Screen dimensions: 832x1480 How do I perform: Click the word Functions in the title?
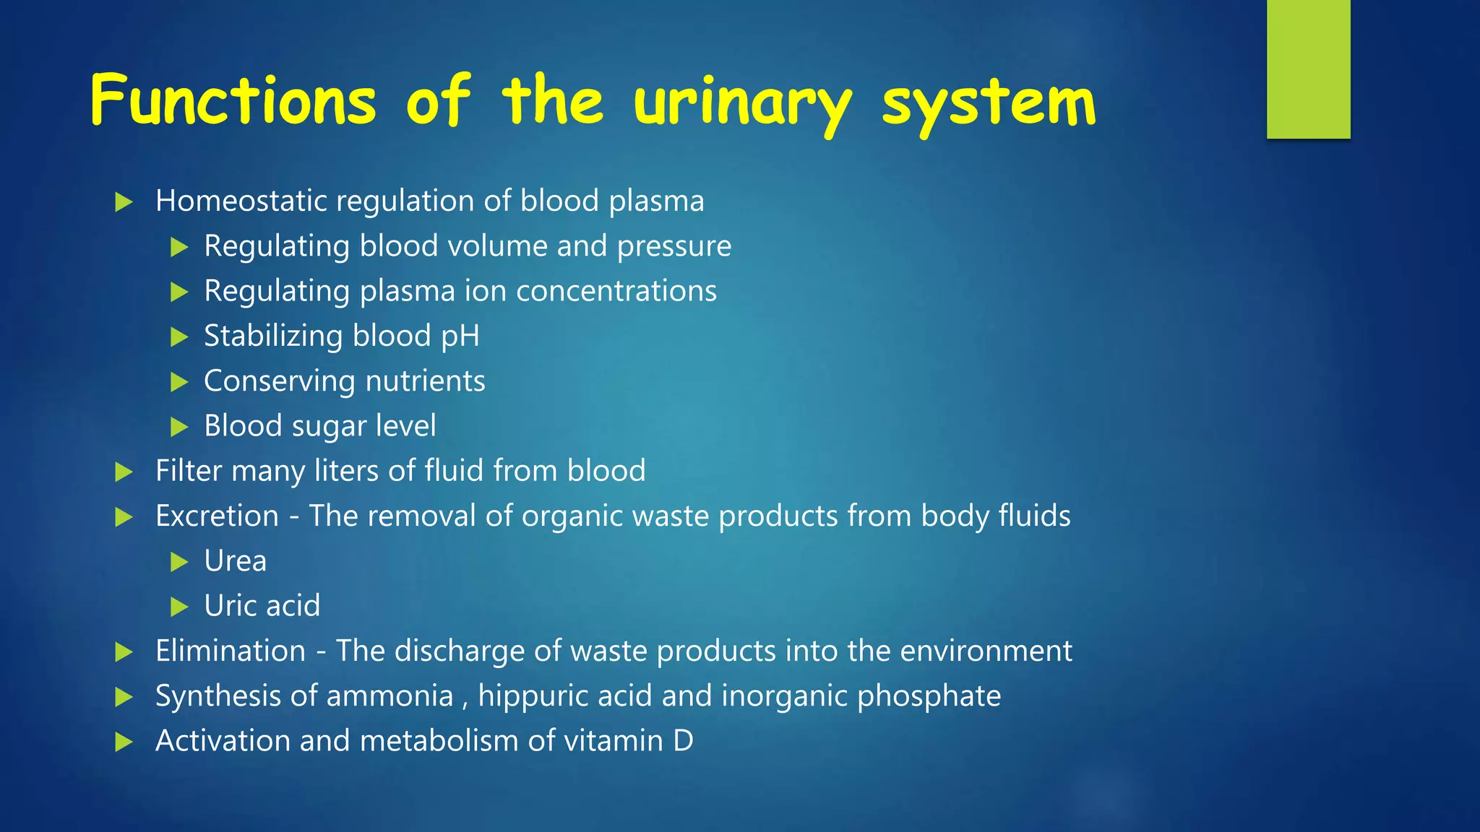point(233,101)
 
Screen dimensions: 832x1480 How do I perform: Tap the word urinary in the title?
point(743,105)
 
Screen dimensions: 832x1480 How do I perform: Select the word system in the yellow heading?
point(989,105)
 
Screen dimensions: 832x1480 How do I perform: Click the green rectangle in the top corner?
point(1308,69)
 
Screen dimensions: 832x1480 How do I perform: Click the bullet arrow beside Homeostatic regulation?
point(124,202)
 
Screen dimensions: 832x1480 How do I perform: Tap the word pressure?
point(674,247)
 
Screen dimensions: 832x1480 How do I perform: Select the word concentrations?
point(616,291)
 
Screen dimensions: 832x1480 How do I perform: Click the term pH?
point(460,337)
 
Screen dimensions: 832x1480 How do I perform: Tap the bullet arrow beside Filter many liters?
point(124,472)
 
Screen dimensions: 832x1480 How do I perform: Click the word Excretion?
point(217,516)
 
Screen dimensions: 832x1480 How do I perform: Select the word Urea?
point(235,561)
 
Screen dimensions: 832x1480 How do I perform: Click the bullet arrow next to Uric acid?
point(179,607)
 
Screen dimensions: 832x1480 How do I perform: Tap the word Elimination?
point(231,651)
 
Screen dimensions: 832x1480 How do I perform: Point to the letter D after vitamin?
point(683,741)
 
